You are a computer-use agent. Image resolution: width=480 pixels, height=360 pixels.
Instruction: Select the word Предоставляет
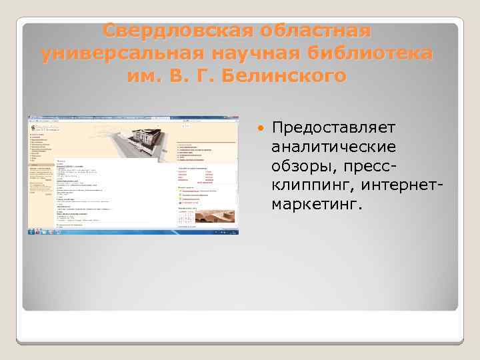point(333,127)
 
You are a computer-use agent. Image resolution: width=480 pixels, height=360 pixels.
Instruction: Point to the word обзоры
point(301,164)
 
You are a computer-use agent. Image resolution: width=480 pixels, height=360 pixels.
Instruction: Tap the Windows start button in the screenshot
point(31,232)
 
